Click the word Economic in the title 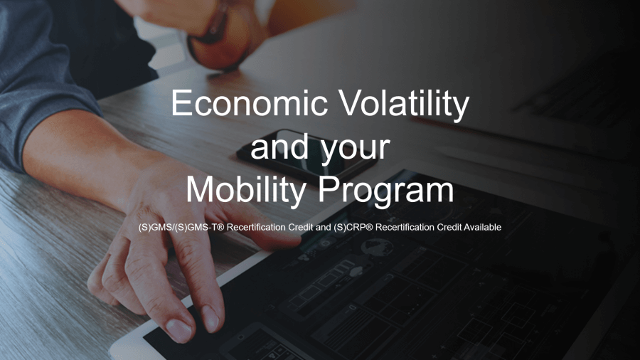click(x=249, y=103)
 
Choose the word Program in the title click(x=386, y=193)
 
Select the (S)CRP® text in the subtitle click(x=353, y=228)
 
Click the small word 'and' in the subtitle click(x=323, y=227)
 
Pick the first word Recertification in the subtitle click(x=256, y=227)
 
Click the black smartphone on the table click(x=307, y=155)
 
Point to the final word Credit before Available click(x=449, y=227)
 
